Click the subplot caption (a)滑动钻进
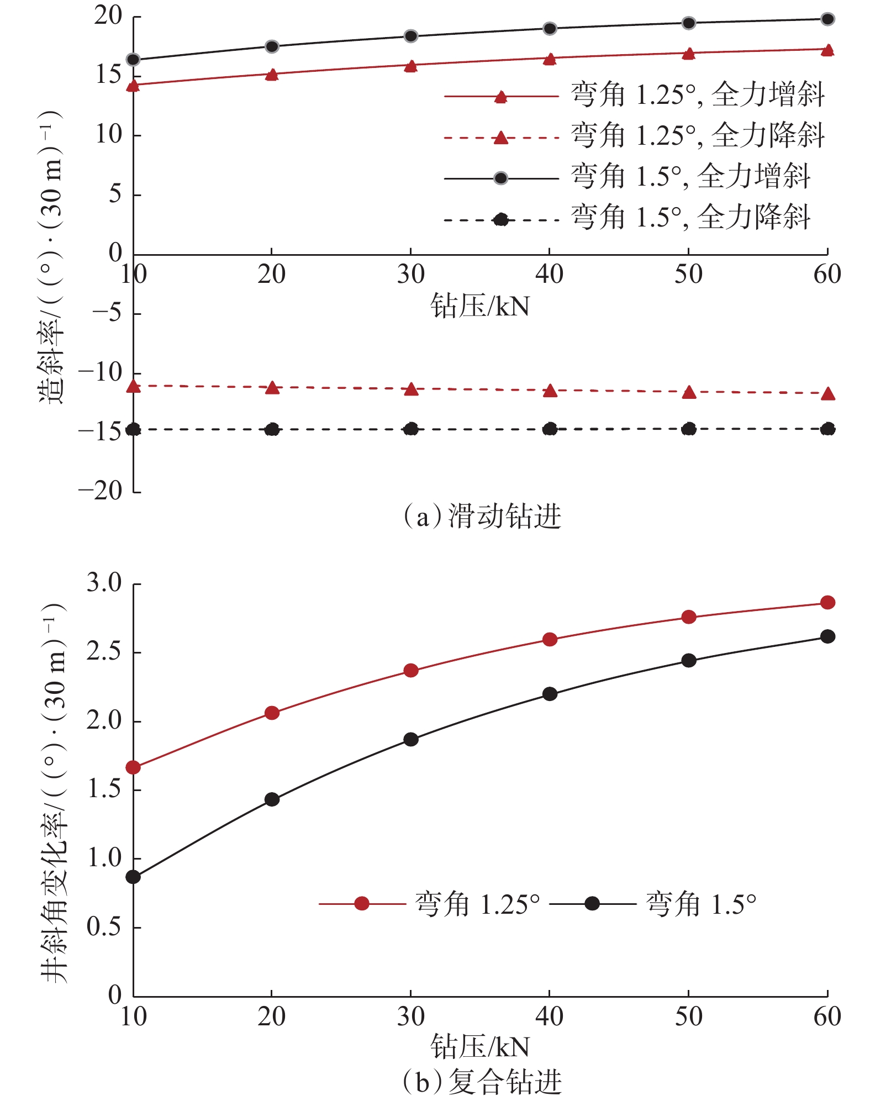(482, 516)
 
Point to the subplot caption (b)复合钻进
(482, 1082)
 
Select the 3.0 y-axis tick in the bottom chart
(104, 583)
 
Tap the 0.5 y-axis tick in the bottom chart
(104, 927)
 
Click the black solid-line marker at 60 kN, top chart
(827, 19)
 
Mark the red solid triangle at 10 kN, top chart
(133, 85)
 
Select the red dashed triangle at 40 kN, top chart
(550, 391)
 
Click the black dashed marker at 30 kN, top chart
(411, 429)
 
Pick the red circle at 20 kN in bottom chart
(272, 713)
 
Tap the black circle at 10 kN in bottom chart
(133, 877)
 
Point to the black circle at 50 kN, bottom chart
(689, 661)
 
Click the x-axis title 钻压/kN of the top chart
(479, 307)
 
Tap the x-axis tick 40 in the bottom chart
(550, 1017)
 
